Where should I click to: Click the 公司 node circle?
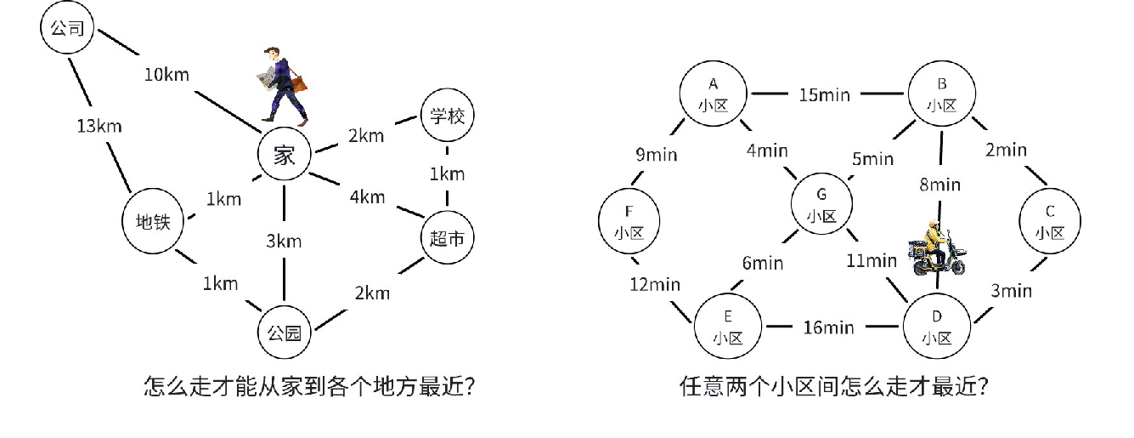tap(67, 29)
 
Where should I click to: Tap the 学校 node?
tap(447, 117)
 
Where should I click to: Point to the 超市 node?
tap(447, 240)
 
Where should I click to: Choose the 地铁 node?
tap(154, 222)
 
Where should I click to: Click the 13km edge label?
tap(98, 127)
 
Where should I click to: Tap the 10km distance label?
tap(166, 74)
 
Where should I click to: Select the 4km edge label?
tap(367, 196)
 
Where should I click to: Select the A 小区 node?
tap(713, 94)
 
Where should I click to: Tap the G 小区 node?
tap(822, 203)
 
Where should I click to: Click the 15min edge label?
tap(824, 94)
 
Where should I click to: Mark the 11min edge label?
tap(871, 260)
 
